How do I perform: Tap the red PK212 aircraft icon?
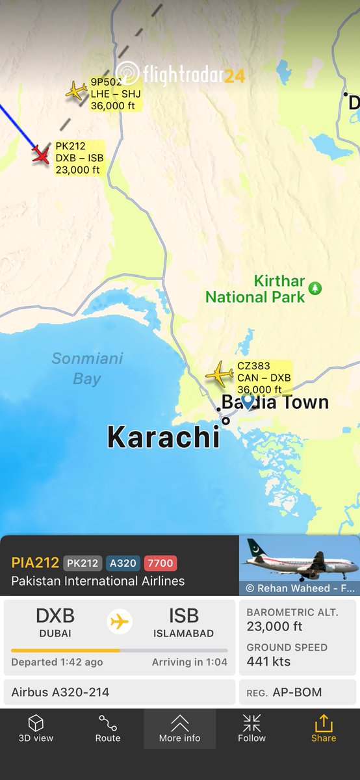click(x=41, y=155)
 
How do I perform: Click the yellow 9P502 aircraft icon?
click(x=76, y=90)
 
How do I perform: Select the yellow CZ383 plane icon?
click(x=219, y=374)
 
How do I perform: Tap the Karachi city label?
click(x=163, y=437)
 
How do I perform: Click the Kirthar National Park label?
click(x=255, y=289)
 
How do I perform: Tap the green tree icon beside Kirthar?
click(x=315, y=287)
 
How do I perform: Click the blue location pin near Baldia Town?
click(x=248, y=401)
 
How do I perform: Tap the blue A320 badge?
click(x=122, y=563)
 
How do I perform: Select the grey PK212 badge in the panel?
click(x=82, y=563)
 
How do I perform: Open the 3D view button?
click(x=36, y=728)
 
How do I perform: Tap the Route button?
click(x=108, y=728)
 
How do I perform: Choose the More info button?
click(x=179, y=728)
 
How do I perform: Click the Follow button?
click(x=251, y=728)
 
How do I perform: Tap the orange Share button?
click(x=324, y=728)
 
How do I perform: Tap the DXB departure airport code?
click(x=55, y=616)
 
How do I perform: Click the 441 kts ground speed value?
click(x=268, y=662)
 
